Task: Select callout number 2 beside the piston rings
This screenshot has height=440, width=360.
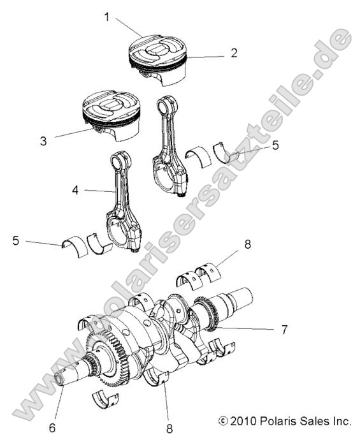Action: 234,53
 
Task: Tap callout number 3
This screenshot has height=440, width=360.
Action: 43,141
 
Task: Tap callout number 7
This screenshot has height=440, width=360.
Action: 284,330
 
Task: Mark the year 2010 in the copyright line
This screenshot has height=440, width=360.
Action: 242,421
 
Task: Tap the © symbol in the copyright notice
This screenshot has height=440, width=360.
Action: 222,421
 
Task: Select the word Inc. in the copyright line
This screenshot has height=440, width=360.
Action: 340,421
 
